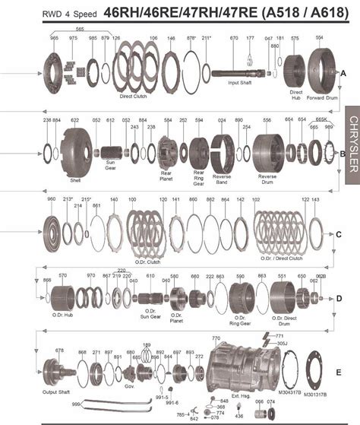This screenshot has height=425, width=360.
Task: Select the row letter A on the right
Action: [343, 72]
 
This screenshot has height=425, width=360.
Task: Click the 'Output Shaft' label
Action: [55, 392]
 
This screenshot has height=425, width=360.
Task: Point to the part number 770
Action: [215, 337]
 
